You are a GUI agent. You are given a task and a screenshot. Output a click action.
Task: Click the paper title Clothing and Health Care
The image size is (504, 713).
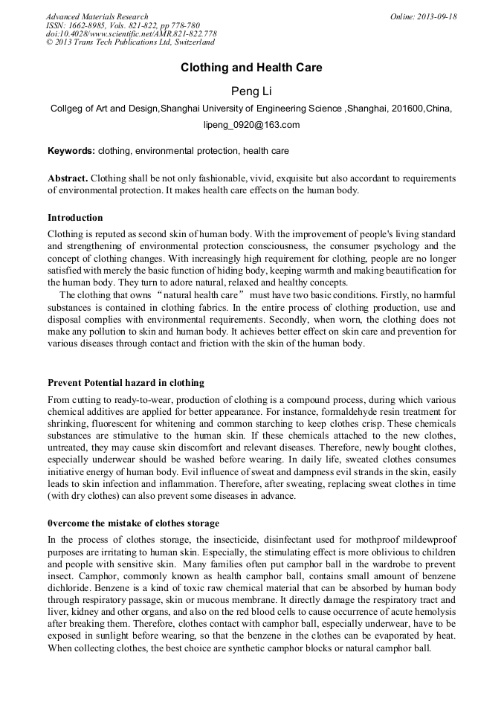(251, 68)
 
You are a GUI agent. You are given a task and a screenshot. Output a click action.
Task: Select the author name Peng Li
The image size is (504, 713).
(251, 91)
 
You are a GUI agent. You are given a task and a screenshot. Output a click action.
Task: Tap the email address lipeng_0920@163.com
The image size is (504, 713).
(251, 125)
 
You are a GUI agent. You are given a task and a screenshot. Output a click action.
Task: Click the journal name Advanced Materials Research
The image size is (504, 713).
(97, 16)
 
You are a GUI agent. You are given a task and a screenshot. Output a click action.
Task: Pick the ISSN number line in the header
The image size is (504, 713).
(123, 25)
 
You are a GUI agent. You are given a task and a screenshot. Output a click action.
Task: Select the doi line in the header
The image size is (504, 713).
(131, 34)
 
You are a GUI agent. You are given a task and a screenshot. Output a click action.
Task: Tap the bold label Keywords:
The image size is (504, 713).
(71, 151)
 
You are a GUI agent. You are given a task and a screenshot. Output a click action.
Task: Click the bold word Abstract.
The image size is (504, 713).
(68, 178)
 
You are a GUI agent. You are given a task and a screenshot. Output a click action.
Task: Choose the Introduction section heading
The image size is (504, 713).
(75, 218)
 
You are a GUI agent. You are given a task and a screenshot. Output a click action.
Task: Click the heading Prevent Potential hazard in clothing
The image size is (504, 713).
(126, 383)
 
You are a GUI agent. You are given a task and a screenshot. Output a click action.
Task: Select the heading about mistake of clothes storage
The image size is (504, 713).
(133, 523)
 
